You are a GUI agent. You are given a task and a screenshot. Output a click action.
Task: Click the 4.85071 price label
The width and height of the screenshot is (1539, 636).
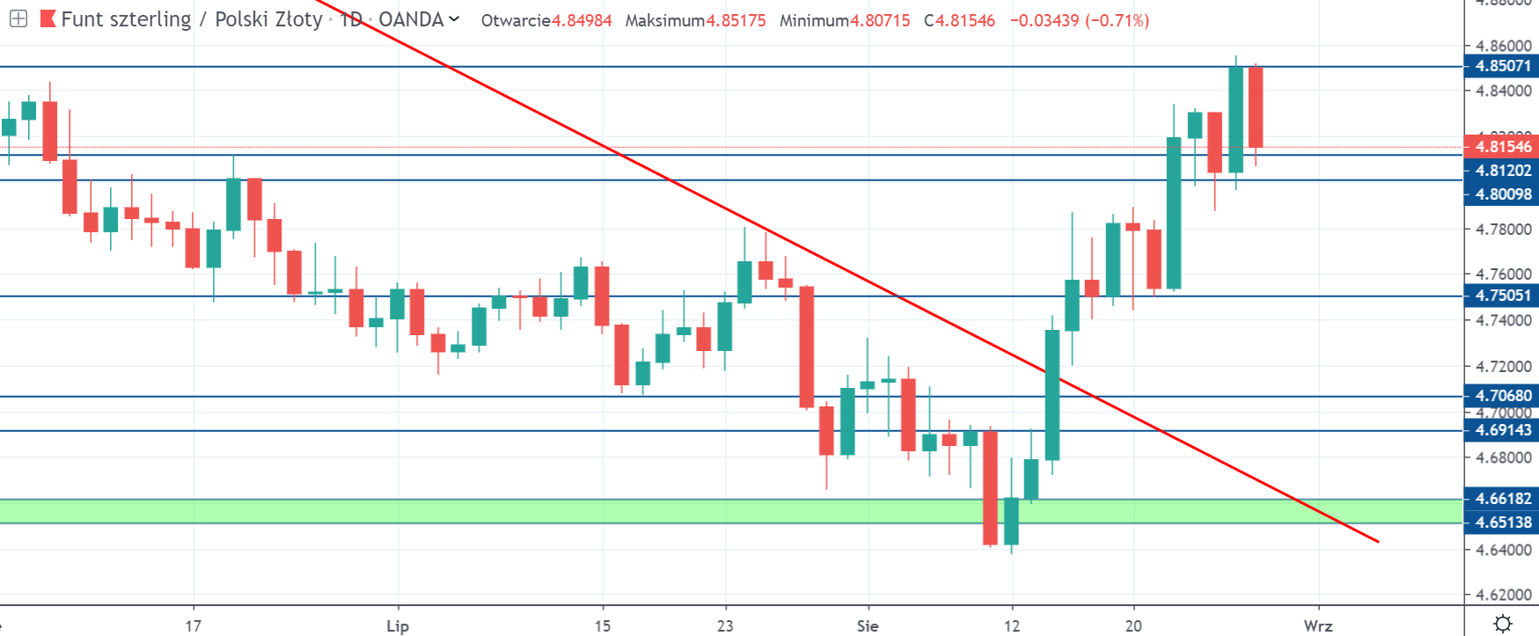[x=1502, y=66]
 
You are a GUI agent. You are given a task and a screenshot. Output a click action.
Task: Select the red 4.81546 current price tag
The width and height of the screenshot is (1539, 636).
[x=1502, y=147]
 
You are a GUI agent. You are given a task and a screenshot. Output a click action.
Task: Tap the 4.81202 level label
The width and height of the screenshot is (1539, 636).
[x=1502, y=171]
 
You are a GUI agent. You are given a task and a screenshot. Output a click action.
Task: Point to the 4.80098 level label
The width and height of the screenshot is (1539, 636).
[x=1502, y=194]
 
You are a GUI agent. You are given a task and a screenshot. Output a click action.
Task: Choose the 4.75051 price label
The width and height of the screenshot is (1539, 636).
[x=1502, y=296]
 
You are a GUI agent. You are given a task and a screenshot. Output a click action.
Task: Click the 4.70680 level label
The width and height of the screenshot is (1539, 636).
[x=1502, y=396]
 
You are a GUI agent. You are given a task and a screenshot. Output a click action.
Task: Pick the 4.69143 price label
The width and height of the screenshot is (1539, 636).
[x=1502, y=430]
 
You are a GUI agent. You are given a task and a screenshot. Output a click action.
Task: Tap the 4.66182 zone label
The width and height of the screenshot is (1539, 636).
[x=1502, y=499]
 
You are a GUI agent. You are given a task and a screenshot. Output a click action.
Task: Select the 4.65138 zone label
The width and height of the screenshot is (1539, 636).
[x=1502, y=523]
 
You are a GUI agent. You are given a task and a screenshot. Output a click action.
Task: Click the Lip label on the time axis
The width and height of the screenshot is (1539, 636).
[x=398, y=626]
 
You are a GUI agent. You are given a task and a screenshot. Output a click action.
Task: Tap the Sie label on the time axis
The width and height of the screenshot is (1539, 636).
[x=868, y=626]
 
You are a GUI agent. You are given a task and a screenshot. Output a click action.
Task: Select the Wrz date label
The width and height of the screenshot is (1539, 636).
[x=1317, y=626]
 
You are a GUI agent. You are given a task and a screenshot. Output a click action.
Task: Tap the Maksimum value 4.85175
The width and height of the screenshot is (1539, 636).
[x=736, y=20]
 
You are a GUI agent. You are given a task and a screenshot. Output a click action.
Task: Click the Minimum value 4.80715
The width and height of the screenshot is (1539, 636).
[x=880, y=20]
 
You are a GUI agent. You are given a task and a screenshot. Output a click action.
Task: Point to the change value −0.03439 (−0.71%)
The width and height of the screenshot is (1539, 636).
[x=1079, y=20]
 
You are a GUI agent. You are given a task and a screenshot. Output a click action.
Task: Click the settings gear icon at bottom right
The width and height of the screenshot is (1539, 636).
[x=1503, y=624]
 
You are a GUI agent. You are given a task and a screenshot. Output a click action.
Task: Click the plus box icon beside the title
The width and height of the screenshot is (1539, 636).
[x=18, y=18]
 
